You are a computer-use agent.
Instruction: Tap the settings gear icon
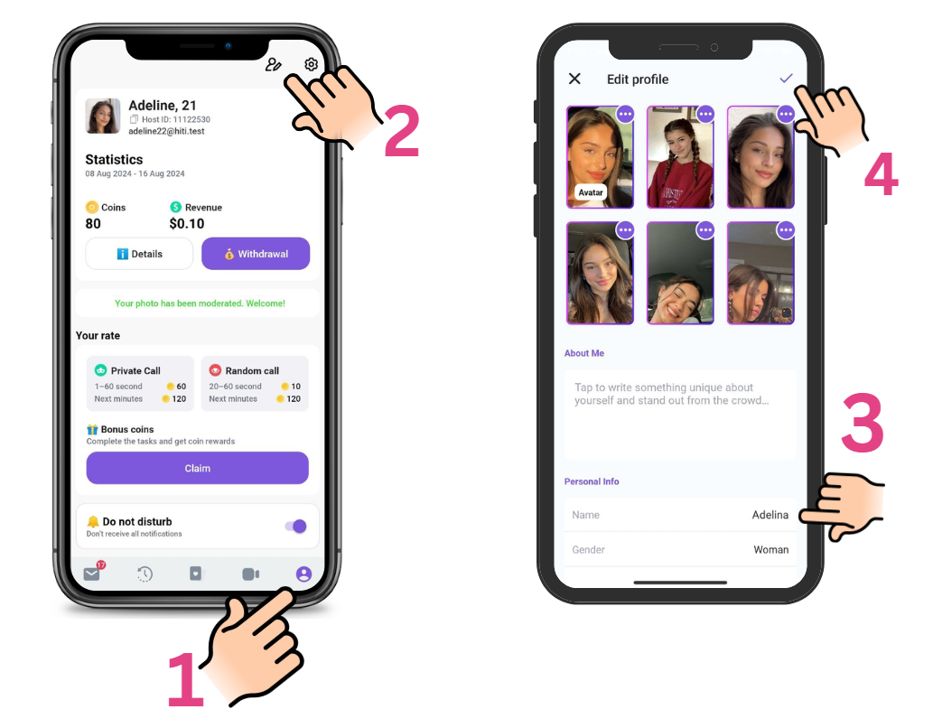pos(312,64)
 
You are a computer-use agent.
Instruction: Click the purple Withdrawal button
pos(256,254)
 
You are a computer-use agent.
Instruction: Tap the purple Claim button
pos(198,468)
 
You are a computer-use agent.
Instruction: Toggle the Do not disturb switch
pos(295,527)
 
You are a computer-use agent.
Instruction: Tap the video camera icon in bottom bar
pos(250,574)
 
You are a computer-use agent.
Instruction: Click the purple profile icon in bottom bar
pos(303,574)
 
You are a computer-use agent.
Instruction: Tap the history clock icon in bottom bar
pos(145,574)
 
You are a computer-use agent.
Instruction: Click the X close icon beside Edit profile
pos(574,79)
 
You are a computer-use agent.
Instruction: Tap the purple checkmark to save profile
pos(786,78)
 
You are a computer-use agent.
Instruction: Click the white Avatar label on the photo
pos(591,192)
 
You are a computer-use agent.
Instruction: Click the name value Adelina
pos(770,515)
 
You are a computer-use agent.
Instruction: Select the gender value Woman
pos(771,549)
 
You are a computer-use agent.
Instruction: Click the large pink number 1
pos(186,679)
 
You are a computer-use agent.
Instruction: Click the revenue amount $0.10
pos(187,224)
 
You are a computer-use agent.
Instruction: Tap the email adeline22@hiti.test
pos(166,131)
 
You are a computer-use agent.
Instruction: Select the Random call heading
pos(252,370)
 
